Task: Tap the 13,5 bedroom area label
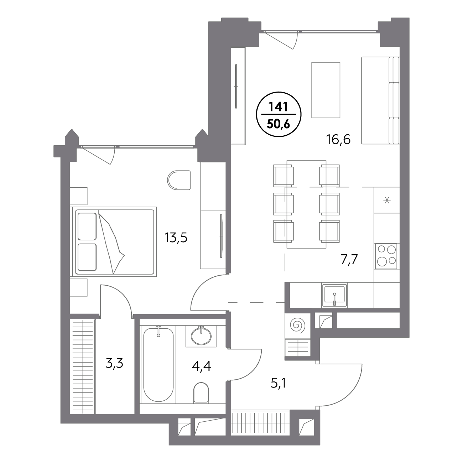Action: (176, 238)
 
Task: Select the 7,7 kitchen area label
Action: (349, 260)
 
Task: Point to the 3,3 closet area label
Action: (114, 364)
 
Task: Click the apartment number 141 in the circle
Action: (279, 107)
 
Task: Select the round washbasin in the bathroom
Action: (201, 335)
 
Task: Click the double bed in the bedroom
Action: (113, 241)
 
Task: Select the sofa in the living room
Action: (380, 100)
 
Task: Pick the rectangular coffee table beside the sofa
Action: (326, 90)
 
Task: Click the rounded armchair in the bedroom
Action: (179, 180)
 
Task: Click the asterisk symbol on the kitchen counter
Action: (387, 200)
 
